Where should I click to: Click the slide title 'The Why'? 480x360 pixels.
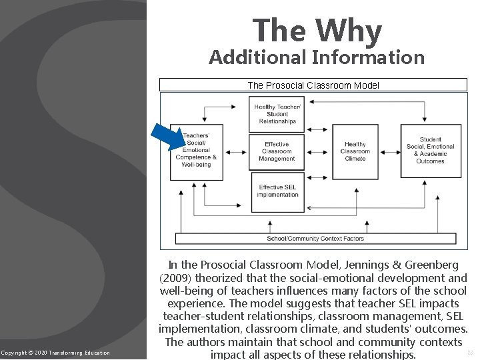pos(317,31)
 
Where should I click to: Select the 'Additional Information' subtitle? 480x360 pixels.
pos(317,58)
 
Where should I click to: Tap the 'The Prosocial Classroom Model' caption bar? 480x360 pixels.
pos(313,85)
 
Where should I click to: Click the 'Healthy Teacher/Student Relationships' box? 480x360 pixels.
pos(277,113)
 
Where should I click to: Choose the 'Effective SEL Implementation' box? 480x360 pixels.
pos(278,191)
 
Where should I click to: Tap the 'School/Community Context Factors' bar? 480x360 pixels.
pos(315,238)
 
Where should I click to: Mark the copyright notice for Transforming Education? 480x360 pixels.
pos(55,352)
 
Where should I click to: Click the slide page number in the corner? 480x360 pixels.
pos(469,351)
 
